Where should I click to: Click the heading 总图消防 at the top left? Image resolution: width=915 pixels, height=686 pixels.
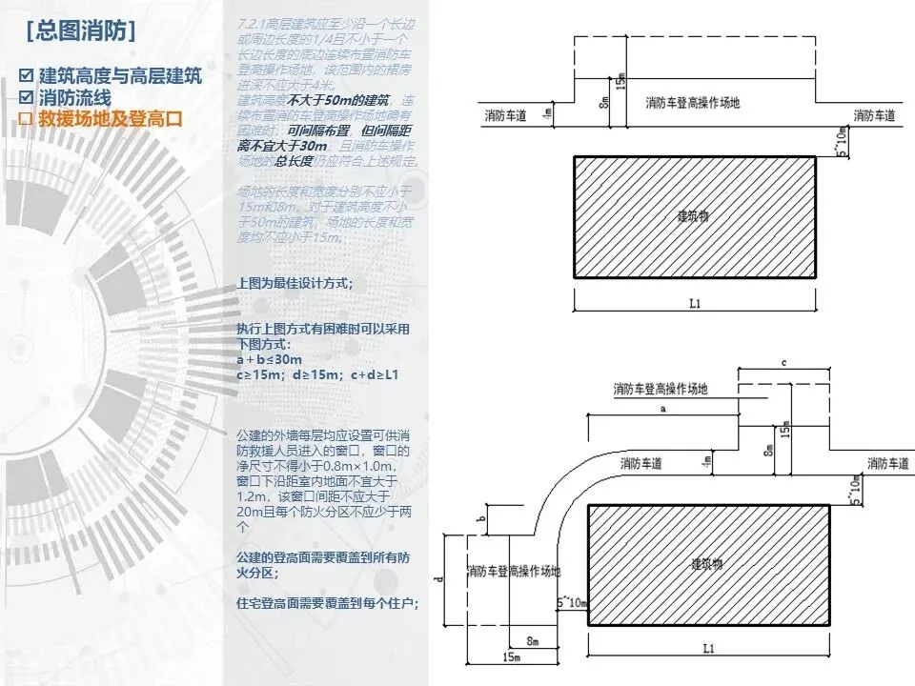(82, 30)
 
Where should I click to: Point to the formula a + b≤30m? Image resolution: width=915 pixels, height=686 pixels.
(270, 360)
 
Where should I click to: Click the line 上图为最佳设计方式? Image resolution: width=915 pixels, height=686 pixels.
(295, 283)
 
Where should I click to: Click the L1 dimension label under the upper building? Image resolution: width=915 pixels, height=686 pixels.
(694, 303)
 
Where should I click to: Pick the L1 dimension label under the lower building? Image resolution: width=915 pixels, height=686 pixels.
(706, 649)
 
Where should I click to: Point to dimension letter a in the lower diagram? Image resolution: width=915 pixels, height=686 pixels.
(661, 407)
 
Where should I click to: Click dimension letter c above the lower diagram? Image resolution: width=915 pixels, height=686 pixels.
(782, 363)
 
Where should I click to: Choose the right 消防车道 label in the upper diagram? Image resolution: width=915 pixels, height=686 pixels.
(874, 115)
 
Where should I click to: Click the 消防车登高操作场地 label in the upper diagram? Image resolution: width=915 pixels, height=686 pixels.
(693, 101)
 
